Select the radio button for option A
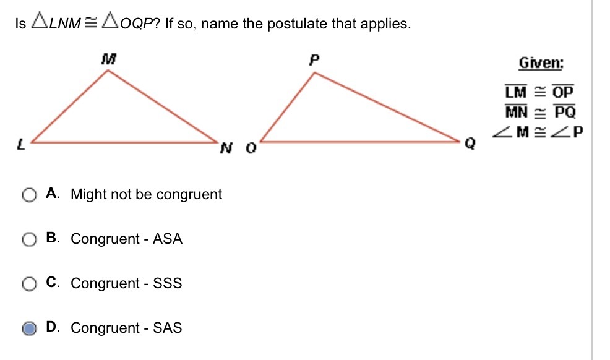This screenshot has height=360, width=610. point(29,195)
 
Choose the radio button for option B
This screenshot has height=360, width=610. point(29,240)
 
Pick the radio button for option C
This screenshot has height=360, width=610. point(29,285)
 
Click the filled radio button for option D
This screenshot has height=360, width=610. point(29,329)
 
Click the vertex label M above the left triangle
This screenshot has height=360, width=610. point(109,60)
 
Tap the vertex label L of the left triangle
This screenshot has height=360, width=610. point(20,146)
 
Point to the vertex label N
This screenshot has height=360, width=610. point(226,148)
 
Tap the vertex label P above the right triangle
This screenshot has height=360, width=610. point(314,61)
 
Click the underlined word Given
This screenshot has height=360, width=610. point(541,64)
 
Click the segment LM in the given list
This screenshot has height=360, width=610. point(515,92)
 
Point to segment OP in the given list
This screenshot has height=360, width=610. point(563,92)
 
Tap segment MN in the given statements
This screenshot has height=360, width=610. point(515,112)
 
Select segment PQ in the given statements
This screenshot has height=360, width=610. point(564,112)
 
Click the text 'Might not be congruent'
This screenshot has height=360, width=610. point(146,194)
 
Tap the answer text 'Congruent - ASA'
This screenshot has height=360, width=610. point(126,239)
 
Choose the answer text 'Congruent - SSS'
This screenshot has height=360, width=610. point(126,283)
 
